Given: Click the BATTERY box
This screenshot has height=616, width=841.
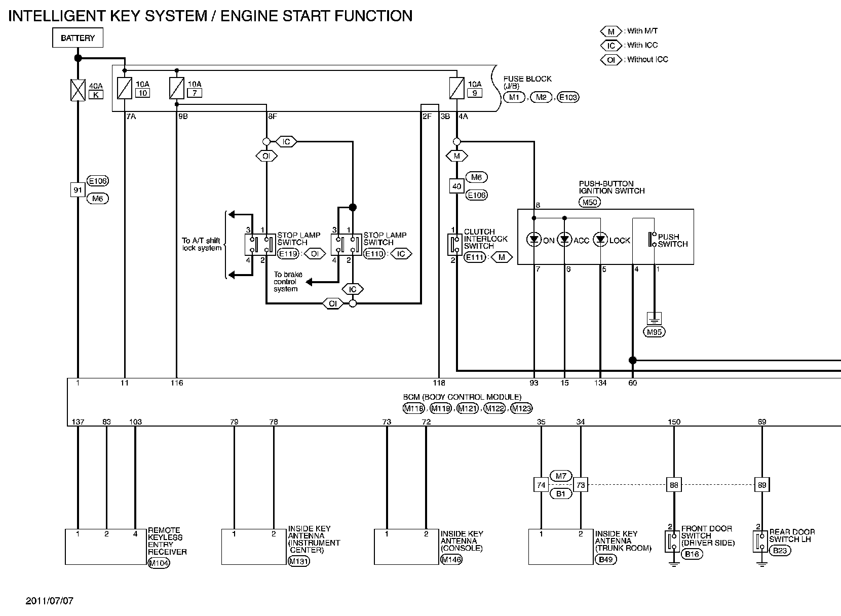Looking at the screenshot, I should (x=78, y=38).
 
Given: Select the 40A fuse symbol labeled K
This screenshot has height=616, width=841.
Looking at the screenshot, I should (x=78, y=90).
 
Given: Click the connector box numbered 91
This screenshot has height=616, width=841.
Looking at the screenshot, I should (x=78, y=190).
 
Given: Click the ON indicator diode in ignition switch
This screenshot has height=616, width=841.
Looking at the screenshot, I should (x=534, y=240).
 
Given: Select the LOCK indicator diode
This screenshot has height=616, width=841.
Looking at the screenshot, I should (x=600, y=240).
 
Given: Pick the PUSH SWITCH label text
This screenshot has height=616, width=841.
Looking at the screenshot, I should (x=672, y=240).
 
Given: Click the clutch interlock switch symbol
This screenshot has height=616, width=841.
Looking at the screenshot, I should (x=454, y=244).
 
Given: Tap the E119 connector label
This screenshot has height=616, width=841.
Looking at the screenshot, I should (x=288, y=253).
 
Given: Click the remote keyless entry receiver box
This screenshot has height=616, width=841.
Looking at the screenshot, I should (x=105, y=547).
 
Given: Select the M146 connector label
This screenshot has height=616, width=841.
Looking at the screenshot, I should (x=451, y=559).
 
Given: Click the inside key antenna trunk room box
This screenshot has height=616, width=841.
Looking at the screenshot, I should (x=560, y=547).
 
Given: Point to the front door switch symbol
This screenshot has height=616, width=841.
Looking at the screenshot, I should (x=672, y=542).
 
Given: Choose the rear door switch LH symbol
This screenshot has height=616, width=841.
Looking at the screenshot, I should (x=760, y=541).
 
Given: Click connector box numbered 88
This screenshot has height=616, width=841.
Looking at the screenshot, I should (x=673, y=485).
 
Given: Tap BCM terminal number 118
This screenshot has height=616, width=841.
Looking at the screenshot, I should (x=439, y=383).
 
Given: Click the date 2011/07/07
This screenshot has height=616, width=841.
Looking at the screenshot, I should (x=50, y=601).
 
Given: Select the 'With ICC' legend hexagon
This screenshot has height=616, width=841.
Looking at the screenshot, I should (x=611, y=46).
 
